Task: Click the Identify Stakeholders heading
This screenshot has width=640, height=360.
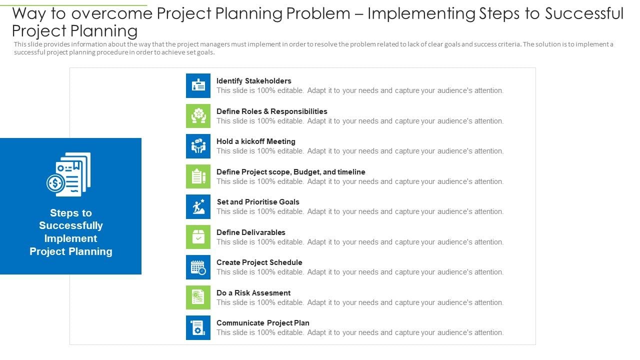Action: (x=253, y=81)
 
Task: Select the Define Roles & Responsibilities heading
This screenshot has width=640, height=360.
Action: (x=271, y=111)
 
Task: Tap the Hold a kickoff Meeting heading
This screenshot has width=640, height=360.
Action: (x=255, y=141)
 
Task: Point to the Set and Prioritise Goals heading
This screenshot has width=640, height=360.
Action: (x=258, y=202)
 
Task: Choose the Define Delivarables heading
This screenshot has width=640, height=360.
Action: (x=250, y=232)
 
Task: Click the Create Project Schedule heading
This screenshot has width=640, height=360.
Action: (x=259, y=262)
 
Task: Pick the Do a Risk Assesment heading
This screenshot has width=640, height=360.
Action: (x=253, y=293)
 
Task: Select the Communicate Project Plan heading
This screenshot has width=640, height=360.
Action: (x=262, y=323)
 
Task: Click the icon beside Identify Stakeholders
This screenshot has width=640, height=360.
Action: (x=198, y=85)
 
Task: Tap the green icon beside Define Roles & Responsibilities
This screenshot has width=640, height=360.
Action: (x=198, y=116)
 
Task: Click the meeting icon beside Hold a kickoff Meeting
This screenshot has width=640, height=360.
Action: (x=198, y=146)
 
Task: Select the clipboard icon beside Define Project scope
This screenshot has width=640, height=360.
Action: (x=198, y=176)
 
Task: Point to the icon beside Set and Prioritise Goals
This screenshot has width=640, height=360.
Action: (x=198, y=206)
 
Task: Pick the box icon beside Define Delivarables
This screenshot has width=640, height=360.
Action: (x=198, y=237)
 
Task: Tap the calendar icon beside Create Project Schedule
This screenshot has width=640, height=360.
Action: (x=198, y=267)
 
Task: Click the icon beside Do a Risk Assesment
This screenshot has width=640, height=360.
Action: (x=198, y=297)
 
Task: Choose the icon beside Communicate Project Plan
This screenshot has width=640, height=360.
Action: (x=198, y=327)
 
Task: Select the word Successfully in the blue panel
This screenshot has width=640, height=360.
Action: (x=71, y=225)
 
